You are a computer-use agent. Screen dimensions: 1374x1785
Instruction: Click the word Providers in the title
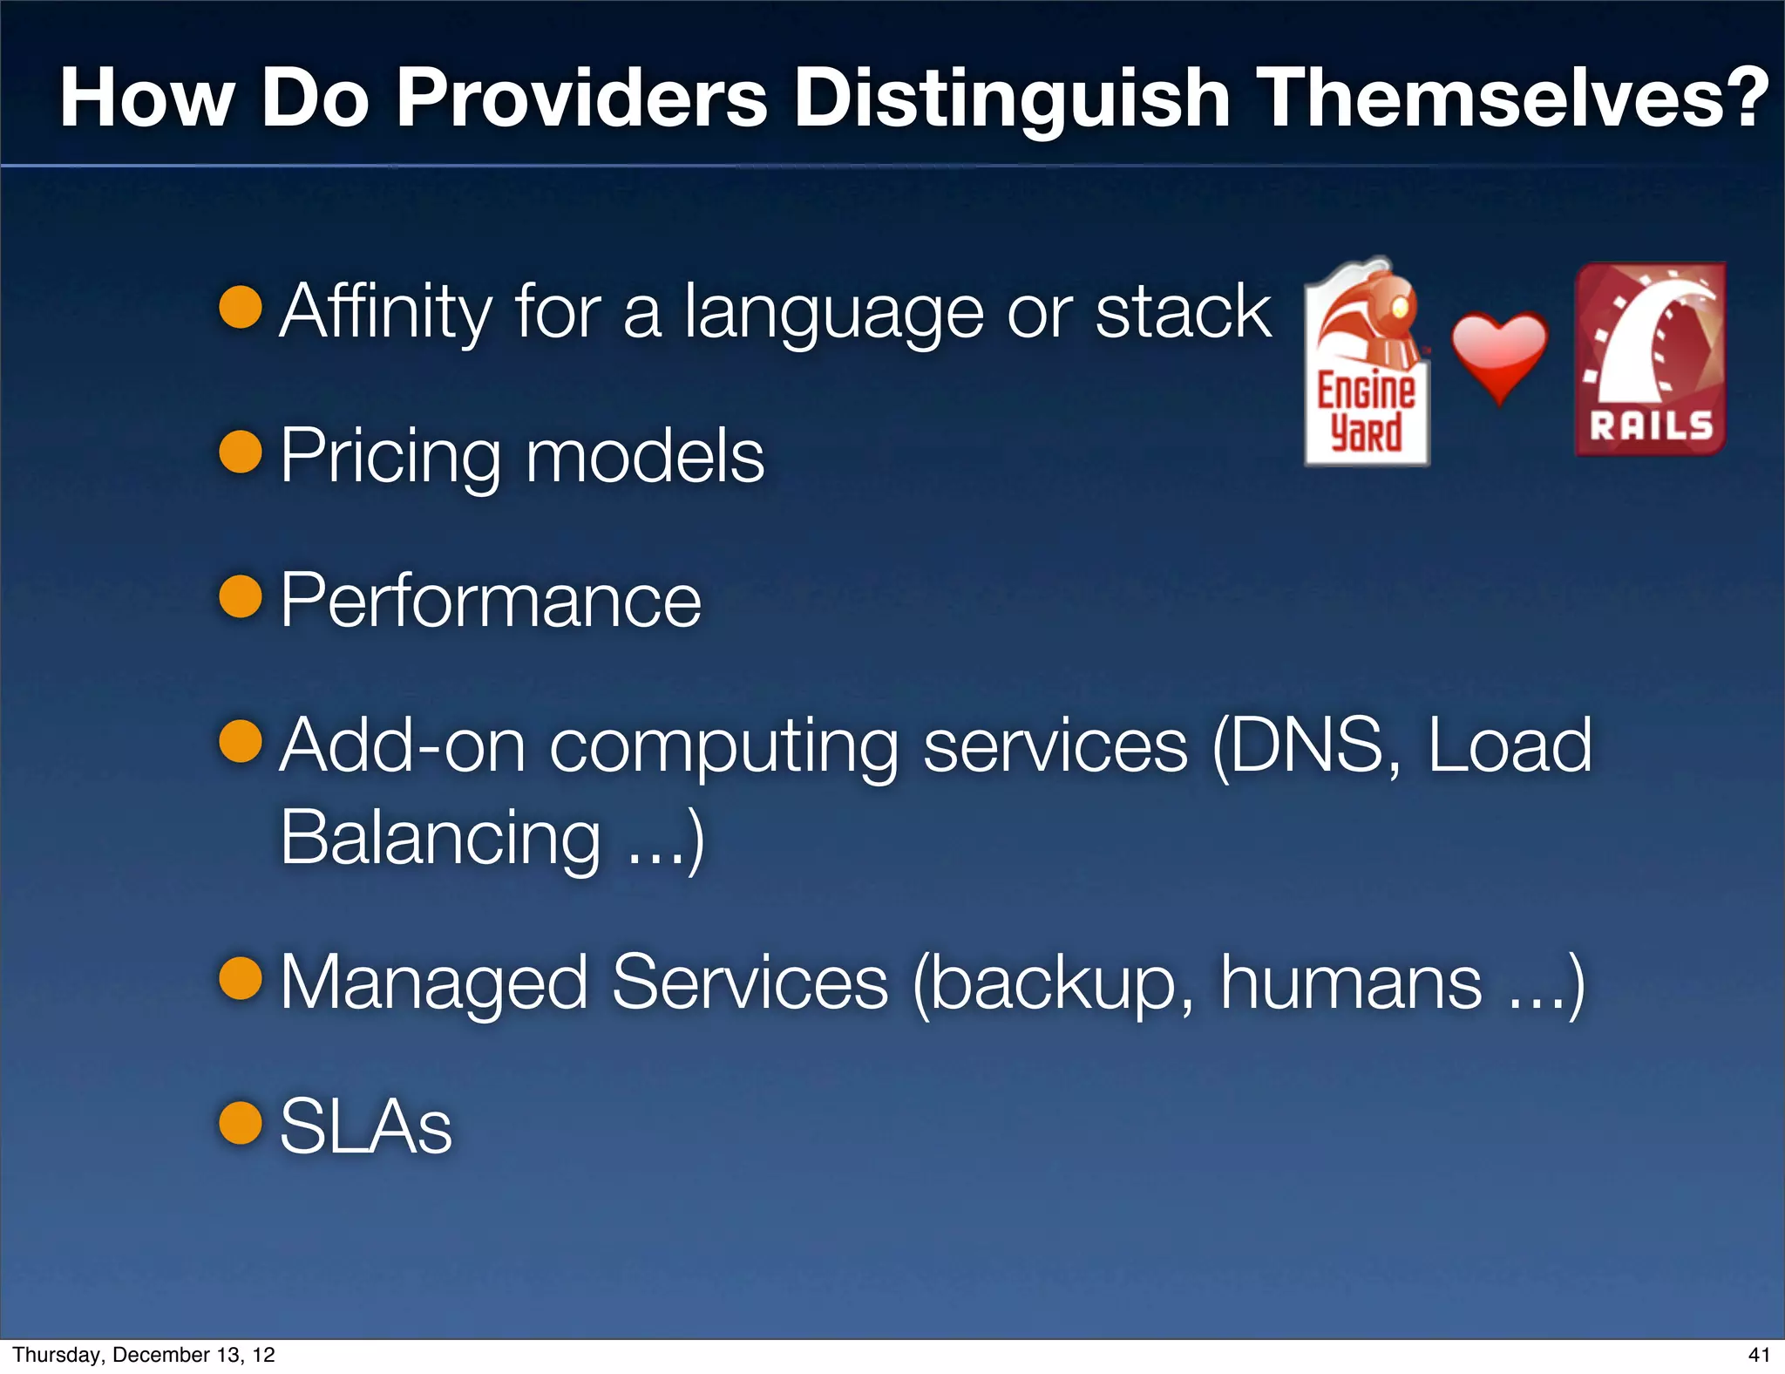(582, 98)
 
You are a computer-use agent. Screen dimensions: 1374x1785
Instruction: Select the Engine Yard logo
(1366, 363)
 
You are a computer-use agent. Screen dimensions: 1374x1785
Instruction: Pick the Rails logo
(1650, 359)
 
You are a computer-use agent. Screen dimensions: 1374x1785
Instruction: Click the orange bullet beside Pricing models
(241, 452)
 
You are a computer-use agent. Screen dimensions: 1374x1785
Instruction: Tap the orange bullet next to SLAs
(241, 1122)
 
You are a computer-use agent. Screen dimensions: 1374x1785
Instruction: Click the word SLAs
(366, 1126)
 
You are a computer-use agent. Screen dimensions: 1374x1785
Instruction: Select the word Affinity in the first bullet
(386, 312)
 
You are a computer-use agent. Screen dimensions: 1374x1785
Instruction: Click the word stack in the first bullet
(1183, 312)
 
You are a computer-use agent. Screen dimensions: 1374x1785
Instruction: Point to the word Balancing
(440, 837)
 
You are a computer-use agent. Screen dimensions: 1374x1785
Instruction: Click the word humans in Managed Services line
(1350, 983)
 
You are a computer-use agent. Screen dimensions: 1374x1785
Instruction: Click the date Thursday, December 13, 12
(144, 1355)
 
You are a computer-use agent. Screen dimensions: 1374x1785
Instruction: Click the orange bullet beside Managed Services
(241, 977)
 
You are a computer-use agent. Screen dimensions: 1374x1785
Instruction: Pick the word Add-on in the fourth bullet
(403, 746)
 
